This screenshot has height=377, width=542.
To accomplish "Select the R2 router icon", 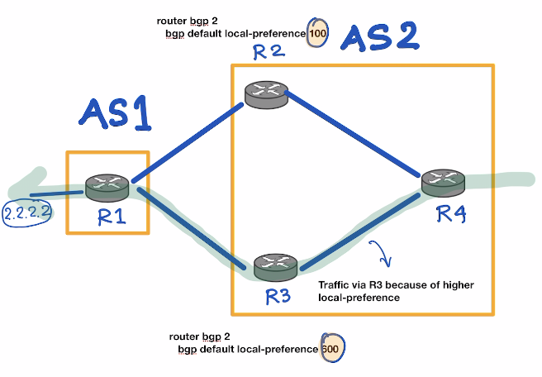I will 264,94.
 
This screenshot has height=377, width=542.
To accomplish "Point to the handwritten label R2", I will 269,55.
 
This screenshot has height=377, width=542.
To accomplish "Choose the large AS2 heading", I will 379,38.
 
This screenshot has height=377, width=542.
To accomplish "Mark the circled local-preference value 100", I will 316,34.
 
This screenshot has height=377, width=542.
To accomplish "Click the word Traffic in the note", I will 335,284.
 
